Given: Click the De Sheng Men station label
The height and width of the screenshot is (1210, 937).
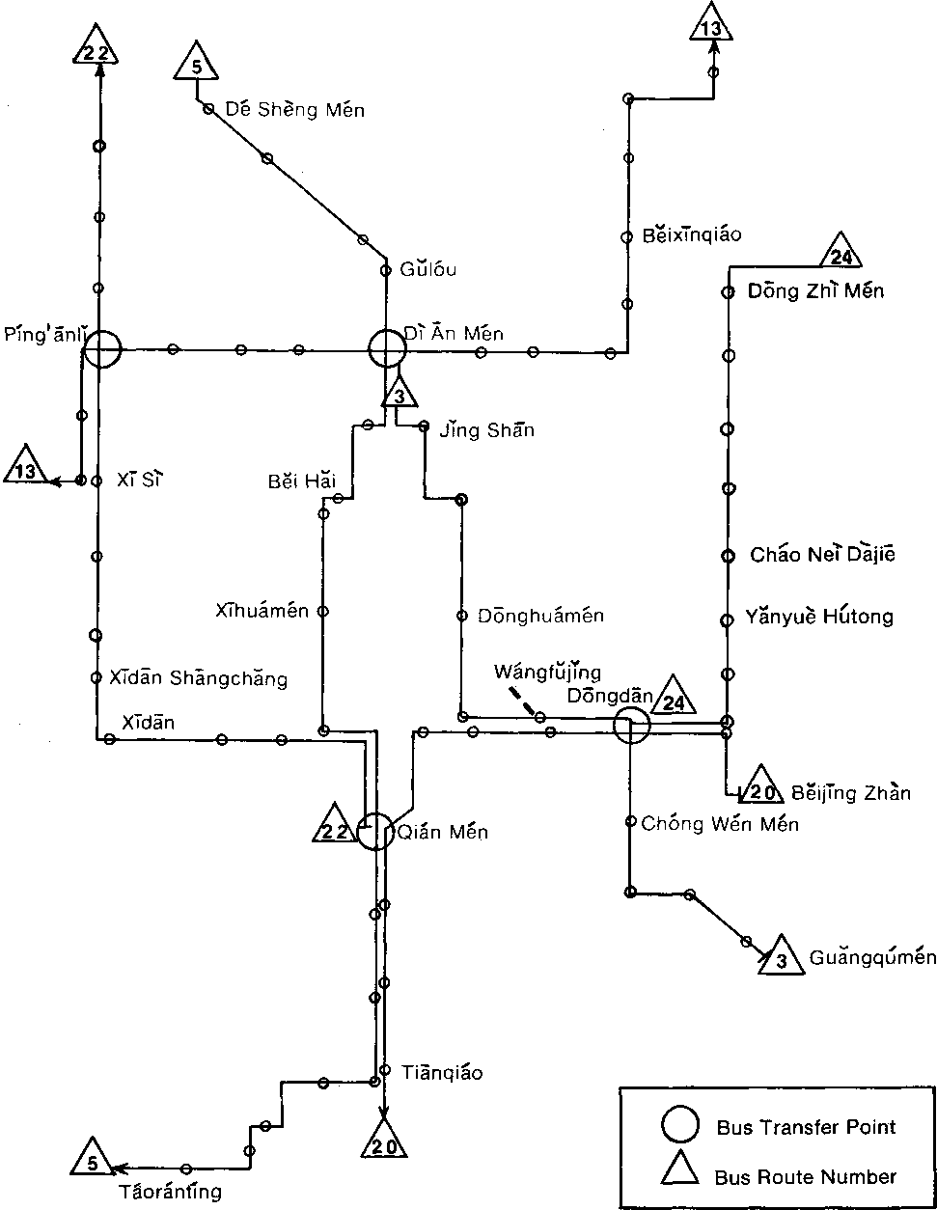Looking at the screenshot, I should click(295, 110).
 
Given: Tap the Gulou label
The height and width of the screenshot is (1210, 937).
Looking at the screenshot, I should click(430, 269).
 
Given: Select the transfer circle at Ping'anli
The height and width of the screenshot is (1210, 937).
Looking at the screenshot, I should click(101, 349).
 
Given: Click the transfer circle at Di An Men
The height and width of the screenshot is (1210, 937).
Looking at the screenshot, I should click(386, 349).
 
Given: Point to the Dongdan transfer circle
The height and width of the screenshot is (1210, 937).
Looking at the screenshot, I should click(632, 726).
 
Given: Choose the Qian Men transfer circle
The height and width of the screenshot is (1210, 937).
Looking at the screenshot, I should click(375, 831).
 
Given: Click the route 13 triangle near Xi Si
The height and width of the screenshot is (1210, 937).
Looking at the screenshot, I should click(26, 468).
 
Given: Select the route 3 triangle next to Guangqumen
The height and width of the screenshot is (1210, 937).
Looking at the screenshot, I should click(781, 958).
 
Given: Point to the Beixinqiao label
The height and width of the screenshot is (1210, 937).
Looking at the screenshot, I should click(692, 235).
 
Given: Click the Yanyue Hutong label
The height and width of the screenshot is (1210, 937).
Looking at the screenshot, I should click(818, 617).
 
